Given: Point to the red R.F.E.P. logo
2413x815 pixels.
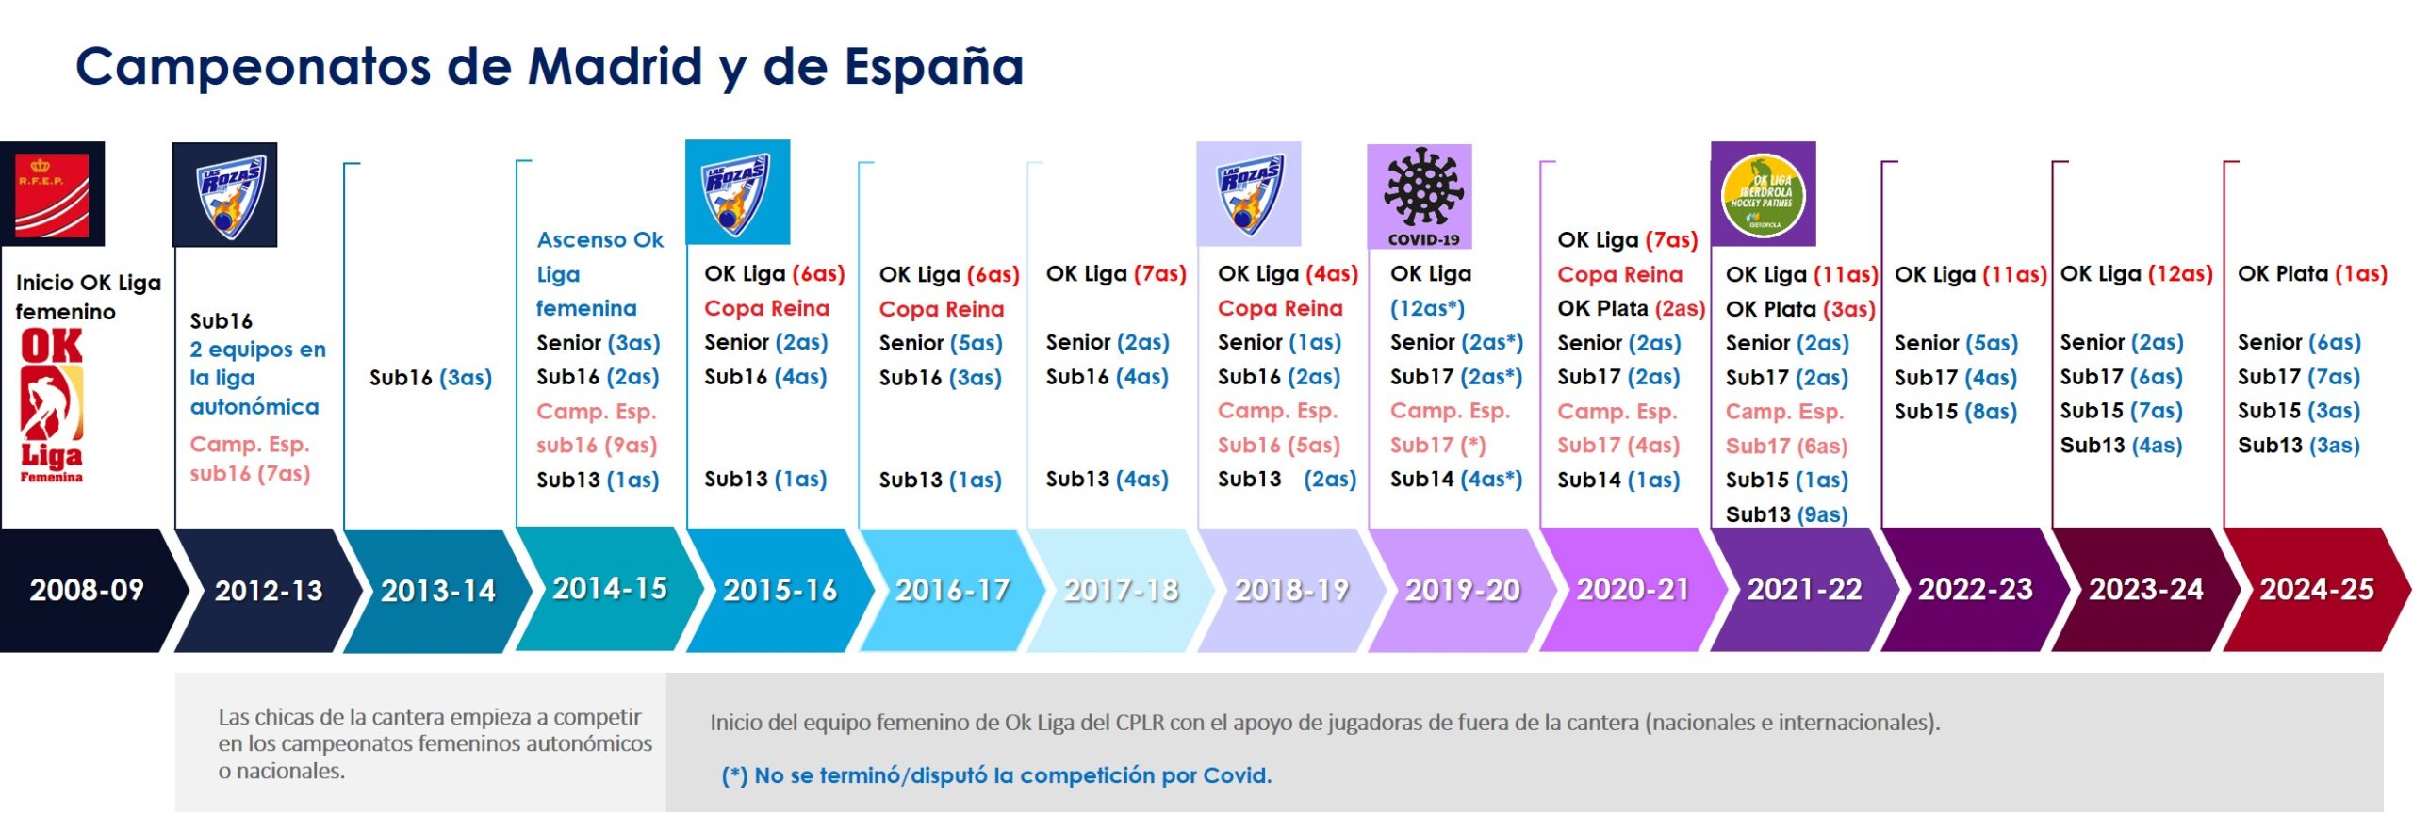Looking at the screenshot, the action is click(53, 194).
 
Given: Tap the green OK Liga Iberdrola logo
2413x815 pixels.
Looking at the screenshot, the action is click(1763, 194).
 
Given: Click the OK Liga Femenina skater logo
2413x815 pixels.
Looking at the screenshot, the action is click(52, 405).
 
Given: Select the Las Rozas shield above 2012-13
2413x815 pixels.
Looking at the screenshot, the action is click(225, 195).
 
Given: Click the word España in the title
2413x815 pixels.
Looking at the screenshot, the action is click(933, 68).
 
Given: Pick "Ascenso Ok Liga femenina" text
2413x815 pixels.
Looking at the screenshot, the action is click(600, 274).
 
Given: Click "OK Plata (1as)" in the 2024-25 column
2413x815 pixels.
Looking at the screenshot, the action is click(2312, 274).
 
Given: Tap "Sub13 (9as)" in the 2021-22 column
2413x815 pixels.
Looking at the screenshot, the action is click(1786, 514).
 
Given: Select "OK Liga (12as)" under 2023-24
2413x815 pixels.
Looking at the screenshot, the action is click(2136, 274).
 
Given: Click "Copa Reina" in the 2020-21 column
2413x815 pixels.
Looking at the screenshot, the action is click(1619, 274).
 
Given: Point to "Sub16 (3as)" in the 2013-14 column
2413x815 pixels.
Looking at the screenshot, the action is click(431, 378).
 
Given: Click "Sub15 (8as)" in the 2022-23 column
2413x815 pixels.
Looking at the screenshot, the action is click(1956, 412).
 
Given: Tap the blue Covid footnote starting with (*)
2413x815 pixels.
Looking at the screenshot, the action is click(996, 775).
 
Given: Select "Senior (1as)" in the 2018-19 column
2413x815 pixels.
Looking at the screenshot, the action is click(1279, 343).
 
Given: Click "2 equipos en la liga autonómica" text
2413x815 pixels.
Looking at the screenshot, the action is click(257, 378).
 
